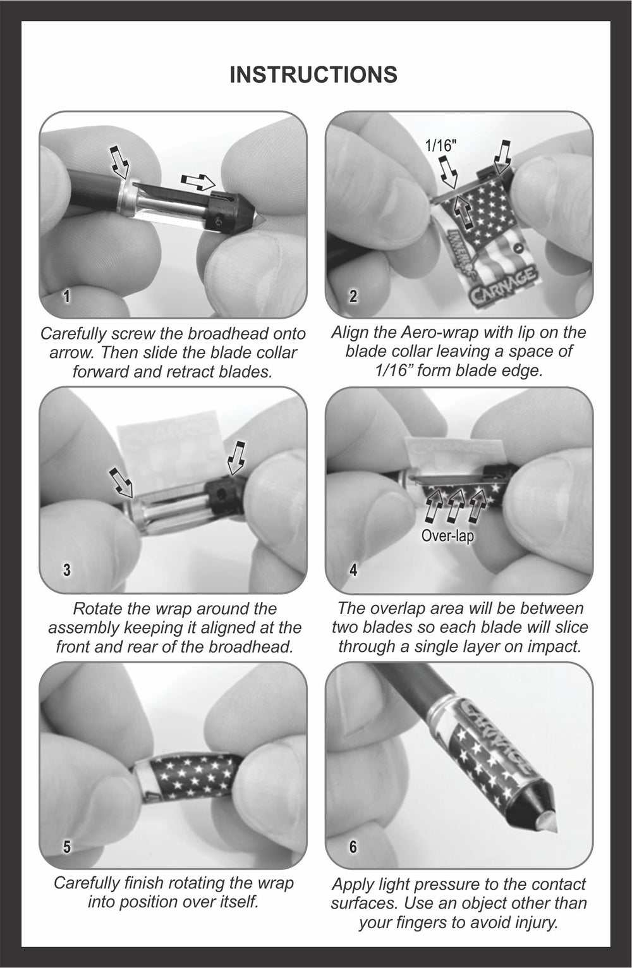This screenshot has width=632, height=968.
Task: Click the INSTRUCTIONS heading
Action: [313, 75]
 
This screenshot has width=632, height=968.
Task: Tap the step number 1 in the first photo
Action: [66, 297]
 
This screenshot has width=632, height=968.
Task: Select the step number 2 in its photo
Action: [353, 297]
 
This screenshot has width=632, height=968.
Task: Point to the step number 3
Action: [66, 570]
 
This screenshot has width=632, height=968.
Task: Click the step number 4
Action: [353, 570]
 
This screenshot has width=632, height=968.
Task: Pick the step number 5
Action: [66, 847]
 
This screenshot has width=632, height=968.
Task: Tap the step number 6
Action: [353, 847]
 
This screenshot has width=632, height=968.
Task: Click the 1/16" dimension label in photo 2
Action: [441, 145]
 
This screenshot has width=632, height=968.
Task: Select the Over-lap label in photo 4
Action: [447, 536]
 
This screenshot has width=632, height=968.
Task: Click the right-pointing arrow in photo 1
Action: [198, 181]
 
